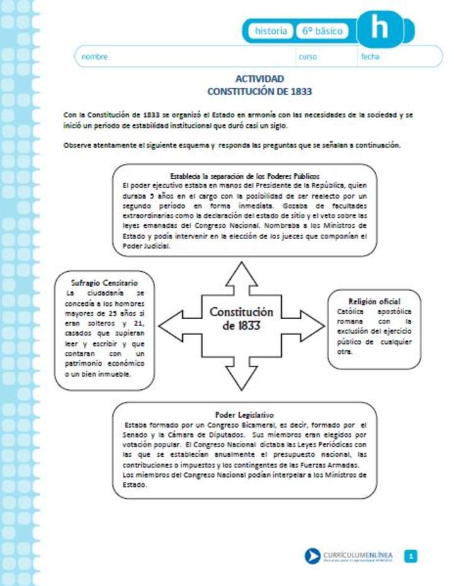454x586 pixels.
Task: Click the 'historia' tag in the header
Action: tap(271, 30)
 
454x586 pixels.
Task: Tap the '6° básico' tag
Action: tap(322, 30)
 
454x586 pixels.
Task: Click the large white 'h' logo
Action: tap(380, 27)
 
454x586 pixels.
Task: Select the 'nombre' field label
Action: tap(95, 57)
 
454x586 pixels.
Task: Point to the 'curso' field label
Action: tap(308, 57)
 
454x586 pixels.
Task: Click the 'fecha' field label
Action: tap(370, 57)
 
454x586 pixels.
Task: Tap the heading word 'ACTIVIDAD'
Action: tap(259, 79)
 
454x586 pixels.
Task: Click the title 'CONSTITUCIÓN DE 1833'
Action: tap(259, 91)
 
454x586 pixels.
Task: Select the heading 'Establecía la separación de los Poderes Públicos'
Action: tap(245, 176)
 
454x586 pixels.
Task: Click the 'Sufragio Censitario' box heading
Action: tap(105, 283)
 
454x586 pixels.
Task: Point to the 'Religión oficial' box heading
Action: tap(374, 302)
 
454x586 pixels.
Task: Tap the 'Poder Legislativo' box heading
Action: tap(244, 415)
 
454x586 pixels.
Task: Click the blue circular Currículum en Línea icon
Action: tap(313, 556)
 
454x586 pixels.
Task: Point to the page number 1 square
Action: tap(411, 556)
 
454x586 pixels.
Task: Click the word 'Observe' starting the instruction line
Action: tap(76, 144)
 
